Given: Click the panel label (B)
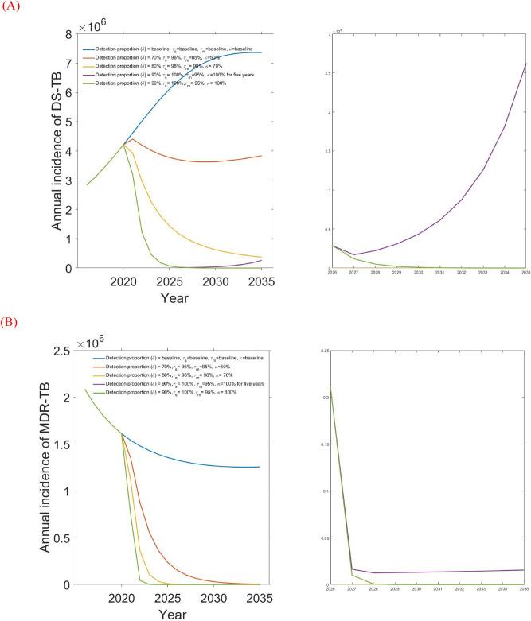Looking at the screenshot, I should (10, 324).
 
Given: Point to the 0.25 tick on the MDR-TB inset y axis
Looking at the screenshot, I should (322, 350).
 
